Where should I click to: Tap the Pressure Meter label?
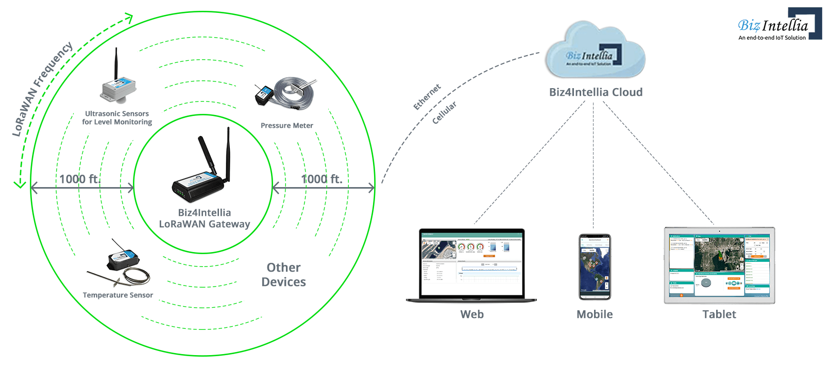(286, 125)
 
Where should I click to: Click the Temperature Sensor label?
(117, 295)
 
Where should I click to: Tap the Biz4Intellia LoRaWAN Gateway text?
(205, 219)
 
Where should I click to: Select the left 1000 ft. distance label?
(79, 179)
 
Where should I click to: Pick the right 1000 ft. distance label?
(321, 179)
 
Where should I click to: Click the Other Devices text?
(283, 275)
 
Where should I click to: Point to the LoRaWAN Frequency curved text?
(42, 89)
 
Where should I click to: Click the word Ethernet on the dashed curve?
(427, 97)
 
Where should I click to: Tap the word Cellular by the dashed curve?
(444, 112)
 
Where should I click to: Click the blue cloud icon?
(595, 52)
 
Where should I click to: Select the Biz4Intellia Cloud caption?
(596, 92)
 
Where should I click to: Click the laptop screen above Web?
(471, 263)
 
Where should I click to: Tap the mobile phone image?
(595, 266)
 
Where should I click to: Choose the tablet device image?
(719, 265)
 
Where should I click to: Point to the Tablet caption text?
(719, 314)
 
